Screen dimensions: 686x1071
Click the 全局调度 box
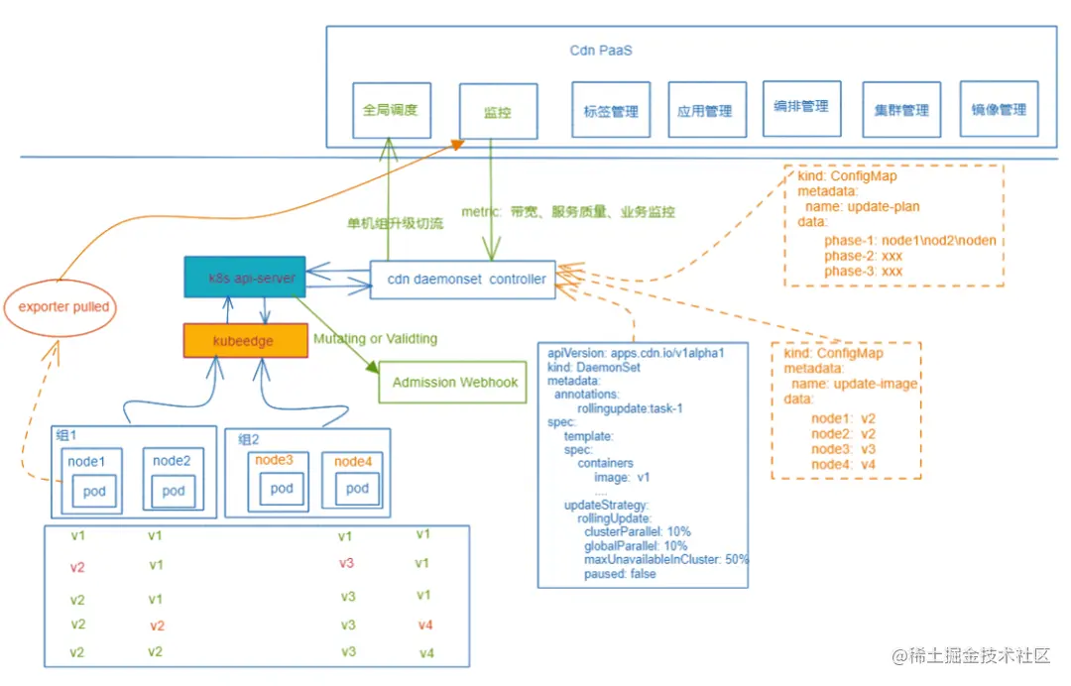391,110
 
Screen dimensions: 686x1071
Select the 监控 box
498,112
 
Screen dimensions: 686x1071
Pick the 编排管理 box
801,107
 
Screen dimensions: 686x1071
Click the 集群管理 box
901,110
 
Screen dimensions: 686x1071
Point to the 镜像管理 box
999,110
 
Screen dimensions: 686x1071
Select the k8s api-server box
245,279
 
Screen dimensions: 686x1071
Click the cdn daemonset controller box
463,280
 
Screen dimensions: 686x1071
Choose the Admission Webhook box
455,383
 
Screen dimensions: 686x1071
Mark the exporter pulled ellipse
60,307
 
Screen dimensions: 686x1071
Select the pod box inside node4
358,489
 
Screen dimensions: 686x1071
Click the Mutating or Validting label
375,339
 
